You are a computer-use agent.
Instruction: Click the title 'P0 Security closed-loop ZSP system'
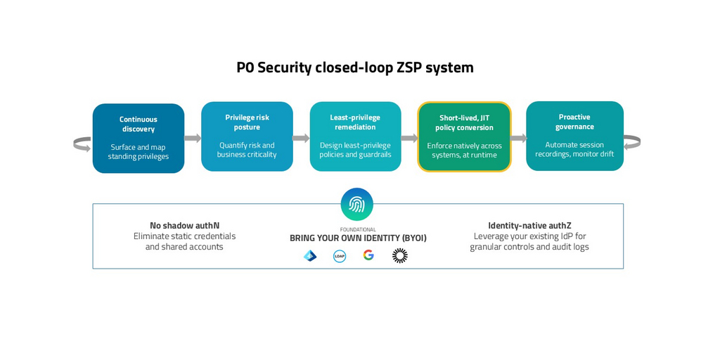click(x=355, y=67)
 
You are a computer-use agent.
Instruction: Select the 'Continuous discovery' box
click(x=139, y=139)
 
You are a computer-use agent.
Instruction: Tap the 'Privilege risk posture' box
click(x=247, y=136)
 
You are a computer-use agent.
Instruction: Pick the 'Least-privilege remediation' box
click(x=355, y=136)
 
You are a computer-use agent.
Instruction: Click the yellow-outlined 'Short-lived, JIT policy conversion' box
click(x=464, y=136)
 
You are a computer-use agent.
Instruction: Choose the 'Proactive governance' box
click(x=574, y=136)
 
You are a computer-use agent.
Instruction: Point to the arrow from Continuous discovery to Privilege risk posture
click(x=193, y=138)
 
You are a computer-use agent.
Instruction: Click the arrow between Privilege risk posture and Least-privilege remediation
click(x=301, y=138)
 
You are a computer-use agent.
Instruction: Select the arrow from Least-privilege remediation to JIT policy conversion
click(x=409, y=138)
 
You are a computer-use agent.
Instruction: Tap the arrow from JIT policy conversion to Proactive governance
click(x=519, y=138)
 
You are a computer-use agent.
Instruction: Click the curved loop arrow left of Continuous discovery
click(x=82, y=144)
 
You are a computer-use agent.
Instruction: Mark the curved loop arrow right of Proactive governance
click(x=631, y=142)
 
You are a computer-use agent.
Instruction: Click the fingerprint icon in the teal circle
click(x=356, y=205)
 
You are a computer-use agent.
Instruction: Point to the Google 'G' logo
click(x=368, y=255)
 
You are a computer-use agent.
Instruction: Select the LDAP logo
click(x=340, y=256)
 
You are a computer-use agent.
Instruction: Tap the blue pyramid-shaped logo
click(x=310, y=256)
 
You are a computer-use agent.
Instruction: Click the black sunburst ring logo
click(x=399, y=256)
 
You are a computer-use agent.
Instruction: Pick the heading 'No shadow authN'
click(x=184, y=226)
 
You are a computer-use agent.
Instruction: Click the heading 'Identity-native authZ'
click(x=529, y=226)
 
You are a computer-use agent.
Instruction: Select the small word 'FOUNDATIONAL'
click(x=358, y=230)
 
